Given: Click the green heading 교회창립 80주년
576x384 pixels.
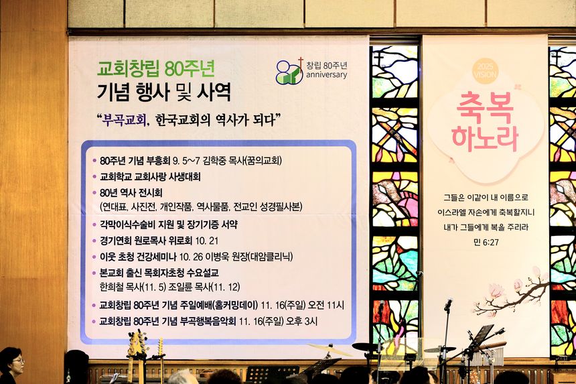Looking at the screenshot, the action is (156, 68).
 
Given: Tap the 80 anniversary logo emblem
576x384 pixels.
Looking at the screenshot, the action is (290, 71).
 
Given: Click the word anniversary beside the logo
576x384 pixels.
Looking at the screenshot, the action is (327, 75).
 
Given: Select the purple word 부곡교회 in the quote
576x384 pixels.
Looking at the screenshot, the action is (125, 120).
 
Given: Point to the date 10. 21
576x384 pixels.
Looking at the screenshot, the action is (207, 241).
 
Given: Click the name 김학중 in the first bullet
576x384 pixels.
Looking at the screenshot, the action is (215, 161).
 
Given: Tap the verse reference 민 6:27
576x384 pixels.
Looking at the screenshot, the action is (486, 242).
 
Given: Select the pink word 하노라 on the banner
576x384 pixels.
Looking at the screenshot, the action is (485, 139).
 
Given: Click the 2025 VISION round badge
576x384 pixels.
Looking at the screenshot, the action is (486, 70).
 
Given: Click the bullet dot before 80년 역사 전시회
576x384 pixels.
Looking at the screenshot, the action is (94, 193).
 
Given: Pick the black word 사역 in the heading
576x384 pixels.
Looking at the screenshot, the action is (214, 92).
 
